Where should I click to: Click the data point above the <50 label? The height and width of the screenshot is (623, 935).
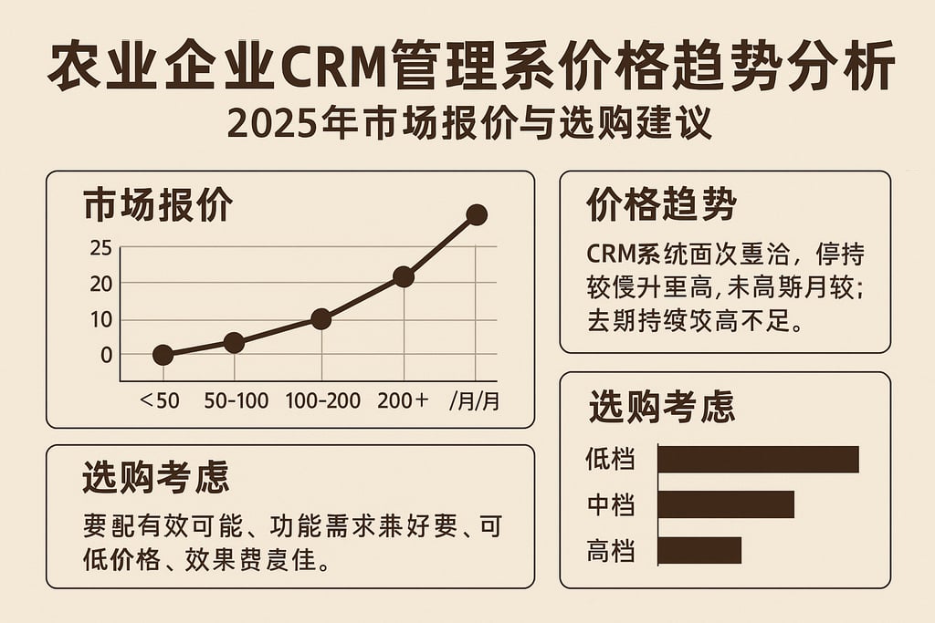[x=163, y=355]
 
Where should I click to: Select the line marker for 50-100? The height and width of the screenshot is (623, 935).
[x=234, y=343]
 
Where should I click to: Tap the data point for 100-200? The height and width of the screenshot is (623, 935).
[x=320, y=318]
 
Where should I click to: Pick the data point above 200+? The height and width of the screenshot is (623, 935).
[x=404, y=276]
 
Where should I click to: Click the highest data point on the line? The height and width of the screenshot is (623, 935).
[x=476, y=215]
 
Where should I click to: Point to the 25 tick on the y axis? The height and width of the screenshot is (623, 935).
[x=101, y=248]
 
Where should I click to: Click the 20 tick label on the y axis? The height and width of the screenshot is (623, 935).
[x=101, y=284]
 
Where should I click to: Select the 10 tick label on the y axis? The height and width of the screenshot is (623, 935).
[x=101, y=320]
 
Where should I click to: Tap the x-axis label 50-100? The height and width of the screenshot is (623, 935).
[x=236, y=400]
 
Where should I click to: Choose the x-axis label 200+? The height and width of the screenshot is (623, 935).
[x=403, y=400]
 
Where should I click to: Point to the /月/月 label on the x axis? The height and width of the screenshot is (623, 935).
[x=475, y=400]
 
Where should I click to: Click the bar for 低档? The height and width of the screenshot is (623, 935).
[x=758, y=459]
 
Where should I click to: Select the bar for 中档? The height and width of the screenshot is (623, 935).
[x=726, y=504]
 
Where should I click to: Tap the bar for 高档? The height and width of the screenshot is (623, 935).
[x=699, y=550]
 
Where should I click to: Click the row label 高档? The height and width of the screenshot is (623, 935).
[x=611, y=551]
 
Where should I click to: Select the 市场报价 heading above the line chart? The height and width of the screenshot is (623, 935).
[x=157, y=206]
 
